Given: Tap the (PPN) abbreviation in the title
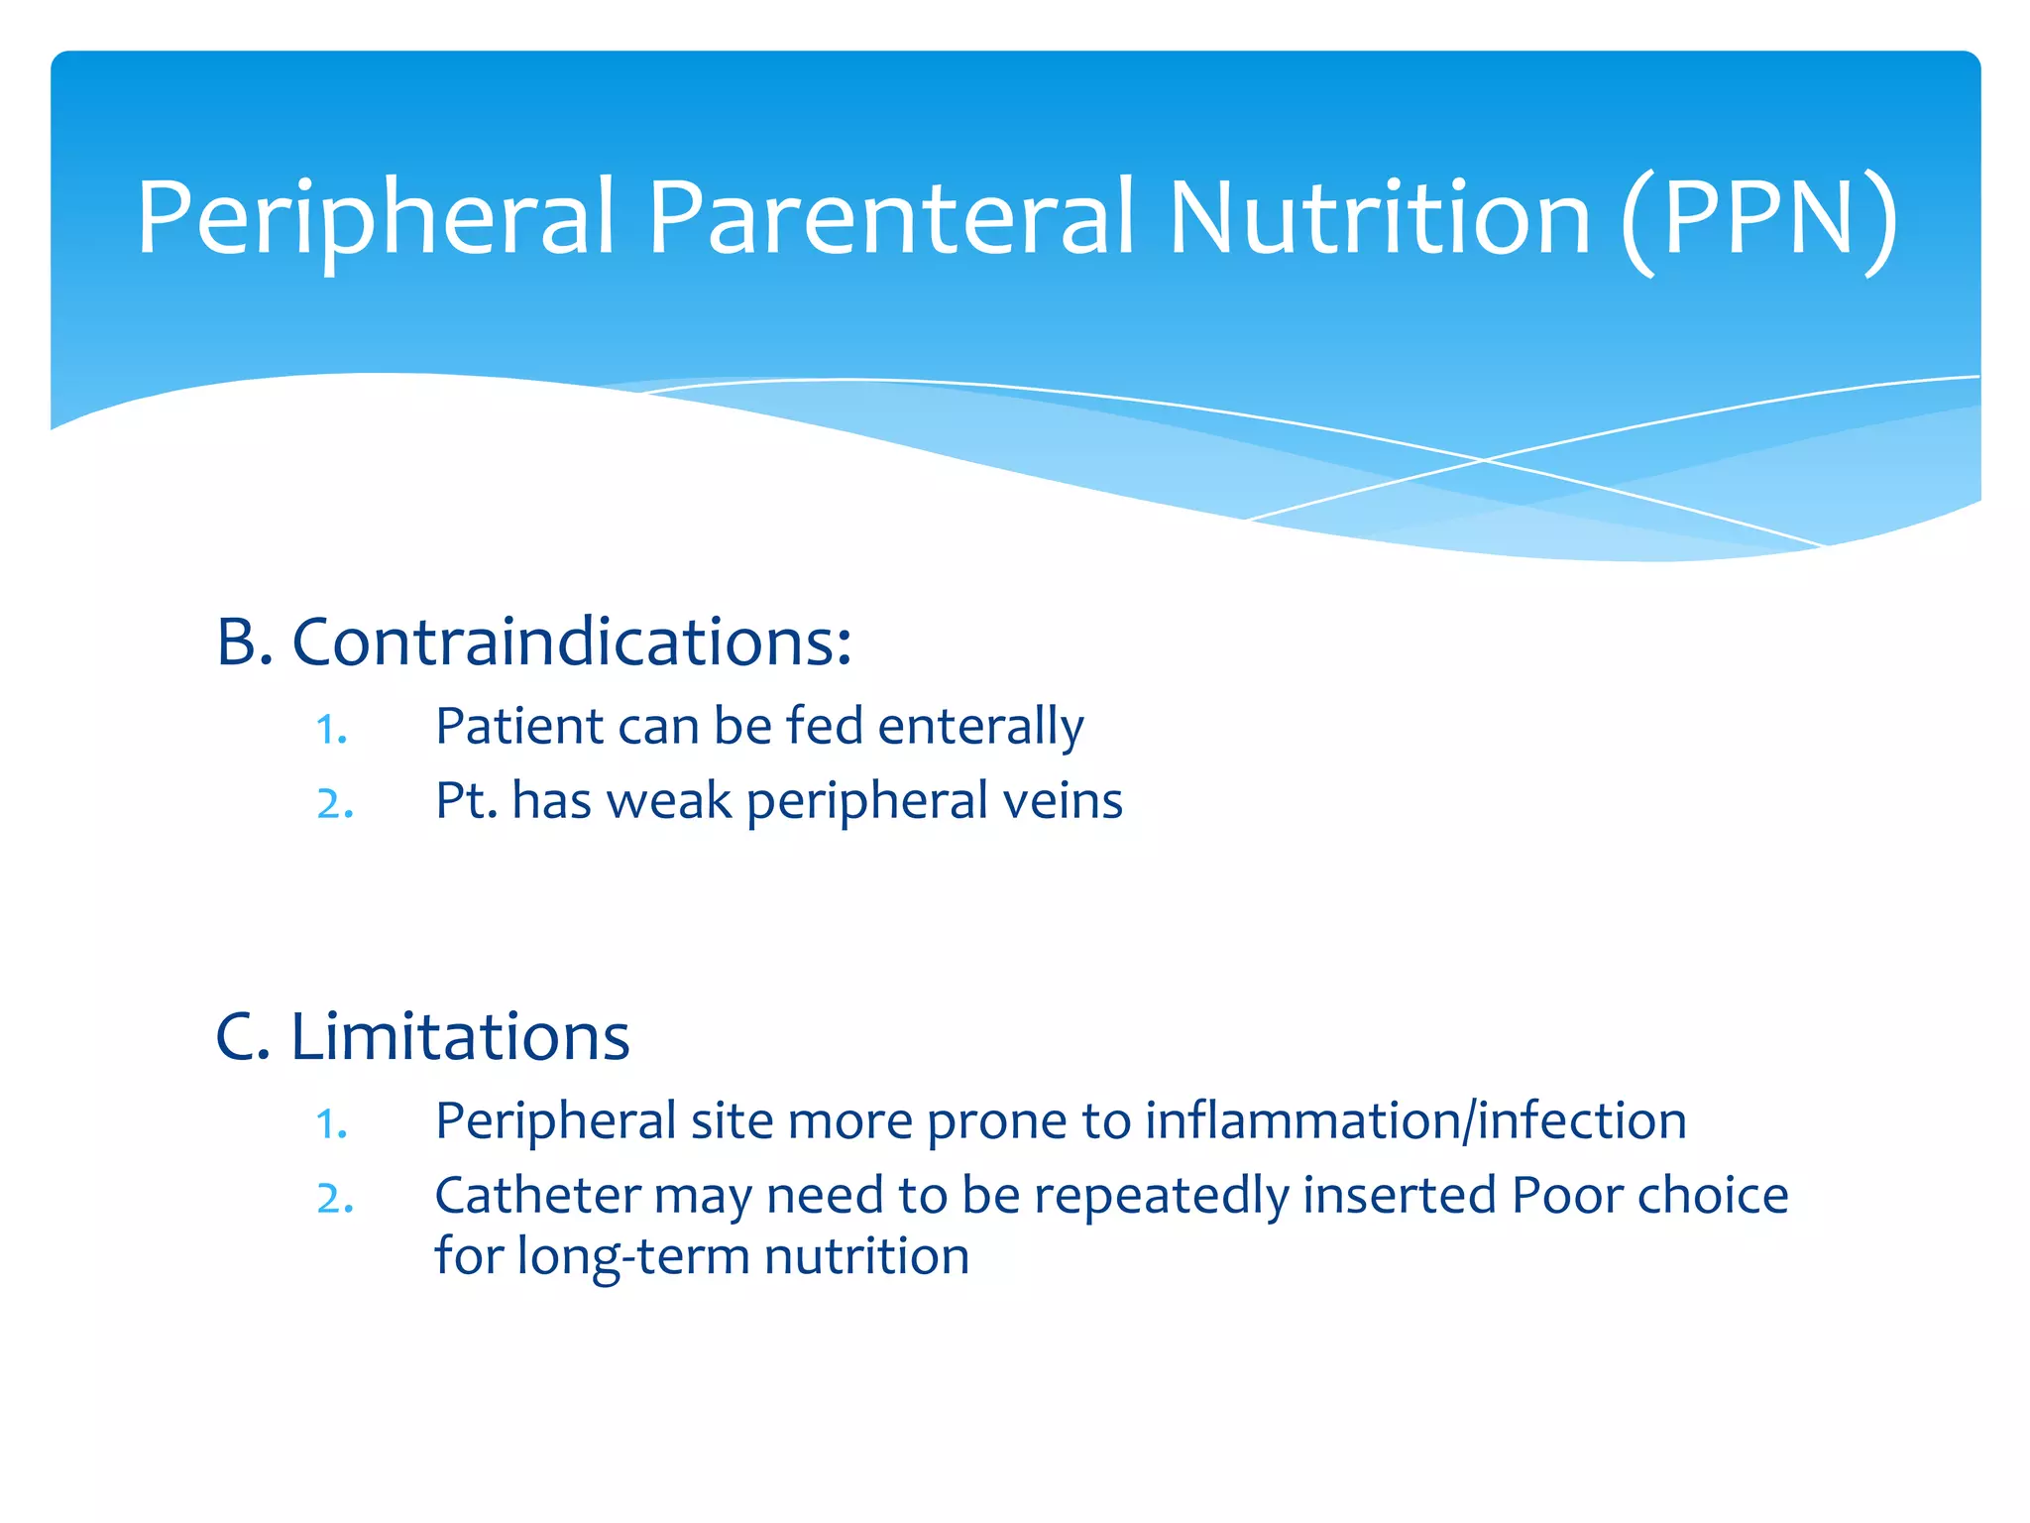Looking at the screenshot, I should [x=1759, y=220].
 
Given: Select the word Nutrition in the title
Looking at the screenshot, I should [x=1378, y=217].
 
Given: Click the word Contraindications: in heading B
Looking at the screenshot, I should [x=572, y=643].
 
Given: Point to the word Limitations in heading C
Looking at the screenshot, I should [x=460, y=1037].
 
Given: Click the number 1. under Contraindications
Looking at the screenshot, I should [x=332, y=731].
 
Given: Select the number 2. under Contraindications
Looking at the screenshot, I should [x=335, y=804].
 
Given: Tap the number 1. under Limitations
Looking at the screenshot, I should [x=332, y=1125].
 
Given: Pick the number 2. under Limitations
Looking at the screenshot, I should [x=335, y=1199].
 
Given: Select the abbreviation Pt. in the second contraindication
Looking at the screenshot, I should [x=466, y=800].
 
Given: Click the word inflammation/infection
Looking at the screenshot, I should [x=1415, y=1121].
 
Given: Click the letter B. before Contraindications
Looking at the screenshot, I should [x=244, y=643].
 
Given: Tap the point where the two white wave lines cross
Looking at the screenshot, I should [x=1484, y=460].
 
